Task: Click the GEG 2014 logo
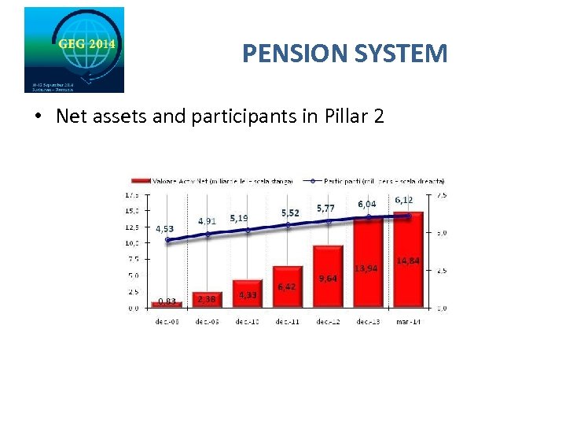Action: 74,50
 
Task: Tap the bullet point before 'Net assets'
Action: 37,117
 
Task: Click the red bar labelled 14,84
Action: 408,260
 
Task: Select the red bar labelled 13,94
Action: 367,264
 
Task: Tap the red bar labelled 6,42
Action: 288,286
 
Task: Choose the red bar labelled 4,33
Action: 248,294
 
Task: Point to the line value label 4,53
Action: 165,229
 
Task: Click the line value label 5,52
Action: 290,213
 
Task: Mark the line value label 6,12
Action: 404,200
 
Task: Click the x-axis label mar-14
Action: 408,320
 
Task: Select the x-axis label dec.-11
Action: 288,320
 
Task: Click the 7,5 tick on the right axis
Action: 441,194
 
